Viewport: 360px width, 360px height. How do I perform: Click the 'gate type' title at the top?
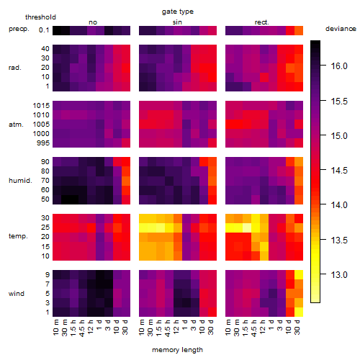tap(178, 12)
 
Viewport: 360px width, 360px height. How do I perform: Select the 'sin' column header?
tap(177, 22)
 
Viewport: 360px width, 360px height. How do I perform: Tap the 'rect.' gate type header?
tap(262, 22)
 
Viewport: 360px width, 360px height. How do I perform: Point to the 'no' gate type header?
tap(93, 22)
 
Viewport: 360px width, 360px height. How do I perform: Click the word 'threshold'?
tap(40, 17)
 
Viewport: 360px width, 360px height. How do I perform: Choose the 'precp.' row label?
tap(19, 29)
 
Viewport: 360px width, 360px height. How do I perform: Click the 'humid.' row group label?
tap(20, 180)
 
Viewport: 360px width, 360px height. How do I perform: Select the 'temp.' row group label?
tap(18, 236)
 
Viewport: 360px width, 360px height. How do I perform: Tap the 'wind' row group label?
tap(17, 294)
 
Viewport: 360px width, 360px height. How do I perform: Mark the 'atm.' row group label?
tap(16, 125)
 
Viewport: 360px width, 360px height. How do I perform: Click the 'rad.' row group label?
tap(15, 68)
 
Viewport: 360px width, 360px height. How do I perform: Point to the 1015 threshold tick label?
tap(41, 106)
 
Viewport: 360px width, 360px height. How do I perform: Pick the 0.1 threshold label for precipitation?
tap(44, 30)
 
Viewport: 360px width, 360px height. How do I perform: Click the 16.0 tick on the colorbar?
tap(339, 66)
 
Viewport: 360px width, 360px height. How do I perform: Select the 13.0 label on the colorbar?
tap(339, 274)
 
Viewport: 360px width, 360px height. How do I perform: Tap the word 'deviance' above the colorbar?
tap(341, 29)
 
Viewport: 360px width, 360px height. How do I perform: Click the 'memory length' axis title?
tap(178, 350)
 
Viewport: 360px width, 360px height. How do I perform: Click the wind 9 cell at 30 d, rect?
tap(299, 274)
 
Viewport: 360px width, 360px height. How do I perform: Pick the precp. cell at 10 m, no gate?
tap(57, 30)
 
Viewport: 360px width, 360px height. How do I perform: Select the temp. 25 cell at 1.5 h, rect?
tap(247, 228)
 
